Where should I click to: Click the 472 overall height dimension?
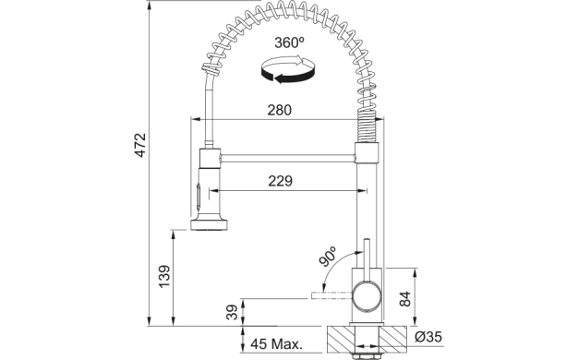[140, 145]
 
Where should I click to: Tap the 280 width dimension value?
[279, 110]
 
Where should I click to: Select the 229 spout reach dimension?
[280, 181]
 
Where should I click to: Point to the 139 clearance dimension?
[164, 276]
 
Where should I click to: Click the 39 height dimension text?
[232, 312]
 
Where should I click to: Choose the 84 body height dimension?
[404, 298]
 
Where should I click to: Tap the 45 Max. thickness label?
[276, 344]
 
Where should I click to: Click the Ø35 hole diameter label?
[428, 337]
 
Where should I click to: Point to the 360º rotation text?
[289, 42]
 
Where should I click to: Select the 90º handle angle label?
[328, 256]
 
